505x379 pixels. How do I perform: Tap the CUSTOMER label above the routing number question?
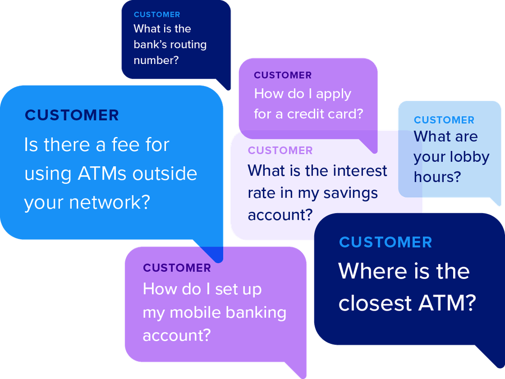pos(157,14)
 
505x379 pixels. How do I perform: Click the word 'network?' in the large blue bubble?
pos(109,202)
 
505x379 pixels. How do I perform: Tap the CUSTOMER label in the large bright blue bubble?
pos(72,115)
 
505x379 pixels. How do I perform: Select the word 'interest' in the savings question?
pos(360,171)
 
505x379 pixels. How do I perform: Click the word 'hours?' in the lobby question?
pos(437,177)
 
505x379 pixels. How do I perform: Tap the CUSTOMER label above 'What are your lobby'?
pos(444,120)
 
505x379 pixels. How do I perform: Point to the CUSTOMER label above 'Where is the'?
pos(385,242)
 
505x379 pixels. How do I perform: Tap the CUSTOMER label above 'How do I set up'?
pos(177,268)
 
